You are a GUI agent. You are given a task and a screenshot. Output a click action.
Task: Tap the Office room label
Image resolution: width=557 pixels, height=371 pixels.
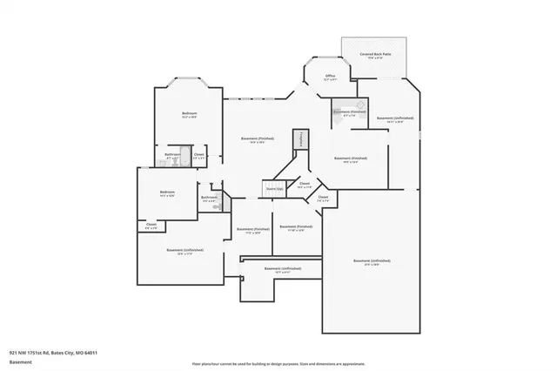coord(330,77)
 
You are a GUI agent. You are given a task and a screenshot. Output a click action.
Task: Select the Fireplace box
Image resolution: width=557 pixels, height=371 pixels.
coord(301,138)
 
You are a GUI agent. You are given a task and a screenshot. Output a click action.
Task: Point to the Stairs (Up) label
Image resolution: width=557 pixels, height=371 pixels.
coord(274,188)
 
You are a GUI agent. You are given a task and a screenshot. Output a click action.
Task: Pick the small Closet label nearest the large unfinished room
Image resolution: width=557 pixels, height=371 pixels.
coord(322,198)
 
